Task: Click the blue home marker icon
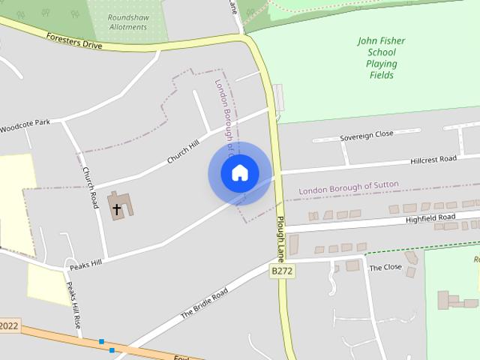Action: tap(240, 173)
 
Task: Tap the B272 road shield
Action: tap(281, 271)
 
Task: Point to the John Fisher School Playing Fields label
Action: tap(381, 57)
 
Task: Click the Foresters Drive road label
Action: tap(73, 40)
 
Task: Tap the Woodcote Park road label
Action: tap(25, 125)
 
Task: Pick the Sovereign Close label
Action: tap(366, 134)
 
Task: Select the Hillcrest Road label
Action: tap(433, 160)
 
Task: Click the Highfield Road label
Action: tap(430, 217)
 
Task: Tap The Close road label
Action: tap(385, 267)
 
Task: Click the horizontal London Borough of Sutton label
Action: tap(349, 188)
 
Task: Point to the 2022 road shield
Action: tap(8, 325)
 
